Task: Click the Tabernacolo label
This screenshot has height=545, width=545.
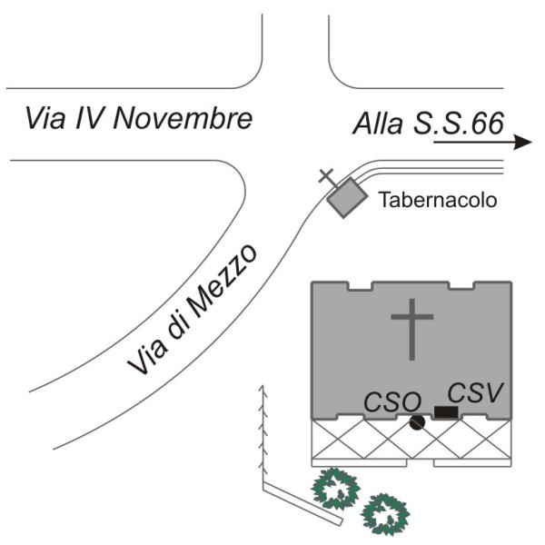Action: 438,200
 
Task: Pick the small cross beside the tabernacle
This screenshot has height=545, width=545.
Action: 326,177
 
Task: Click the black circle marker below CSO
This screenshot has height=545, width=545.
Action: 417,421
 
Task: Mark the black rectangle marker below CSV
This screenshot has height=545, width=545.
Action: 445,413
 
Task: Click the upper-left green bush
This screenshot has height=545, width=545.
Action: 336,490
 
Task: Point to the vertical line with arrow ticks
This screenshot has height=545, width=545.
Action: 263,436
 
